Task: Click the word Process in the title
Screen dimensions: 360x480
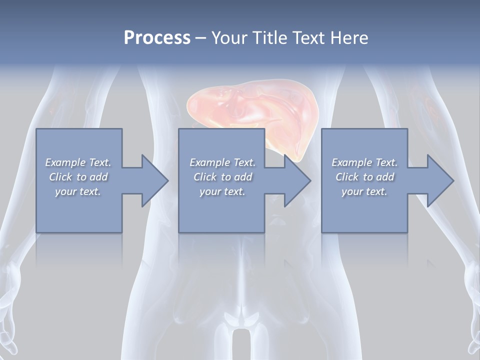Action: [x=157, y=38]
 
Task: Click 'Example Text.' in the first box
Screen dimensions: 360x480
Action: [x=78, y=162]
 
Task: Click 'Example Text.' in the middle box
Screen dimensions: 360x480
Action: [x=222, y=162]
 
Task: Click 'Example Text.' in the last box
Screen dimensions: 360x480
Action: [x=364, y=162]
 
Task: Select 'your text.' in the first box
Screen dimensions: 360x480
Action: [x=78, y=191]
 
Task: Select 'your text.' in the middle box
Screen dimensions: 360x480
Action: [x=222, y=191]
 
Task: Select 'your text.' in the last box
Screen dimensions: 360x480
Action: [x=364, y=191]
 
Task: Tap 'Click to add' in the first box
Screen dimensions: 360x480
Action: [x=78, y=177]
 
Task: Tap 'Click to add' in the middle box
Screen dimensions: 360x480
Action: [x=222, y=177]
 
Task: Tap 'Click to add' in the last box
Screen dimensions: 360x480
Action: [x=364, y=177]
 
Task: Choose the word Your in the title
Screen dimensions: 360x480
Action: [x=227, y=38]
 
